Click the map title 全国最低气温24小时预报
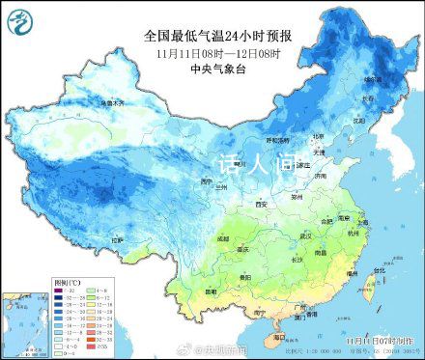click(x=212, y=36)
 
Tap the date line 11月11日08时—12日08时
click(x=212, y=52)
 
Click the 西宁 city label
click(x=205, y=181)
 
